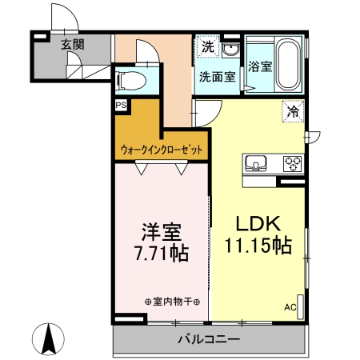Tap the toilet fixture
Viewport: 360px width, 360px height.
point(130,80)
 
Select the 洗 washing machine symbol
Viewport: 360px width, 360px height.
point(207,47)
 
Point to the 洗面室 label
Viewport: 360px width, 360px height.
point(217,78)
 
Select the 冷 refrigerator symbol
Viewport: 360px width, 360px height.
point(293,112)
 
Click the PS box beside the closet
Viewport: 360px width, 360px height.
point(121,105)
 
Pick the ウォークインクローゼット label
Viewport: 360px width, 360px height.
point(162,150)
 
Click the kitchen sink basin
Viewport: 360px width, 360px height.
point(257,163)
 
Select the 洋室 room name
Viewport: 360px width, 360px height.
point(161,233)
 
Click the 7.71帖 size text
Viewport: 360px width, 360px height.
point(161,254)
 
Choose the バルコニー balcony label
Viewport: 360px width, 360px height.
point(208,340)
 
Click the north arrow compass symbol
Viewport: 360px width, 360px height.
point(48,339)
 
